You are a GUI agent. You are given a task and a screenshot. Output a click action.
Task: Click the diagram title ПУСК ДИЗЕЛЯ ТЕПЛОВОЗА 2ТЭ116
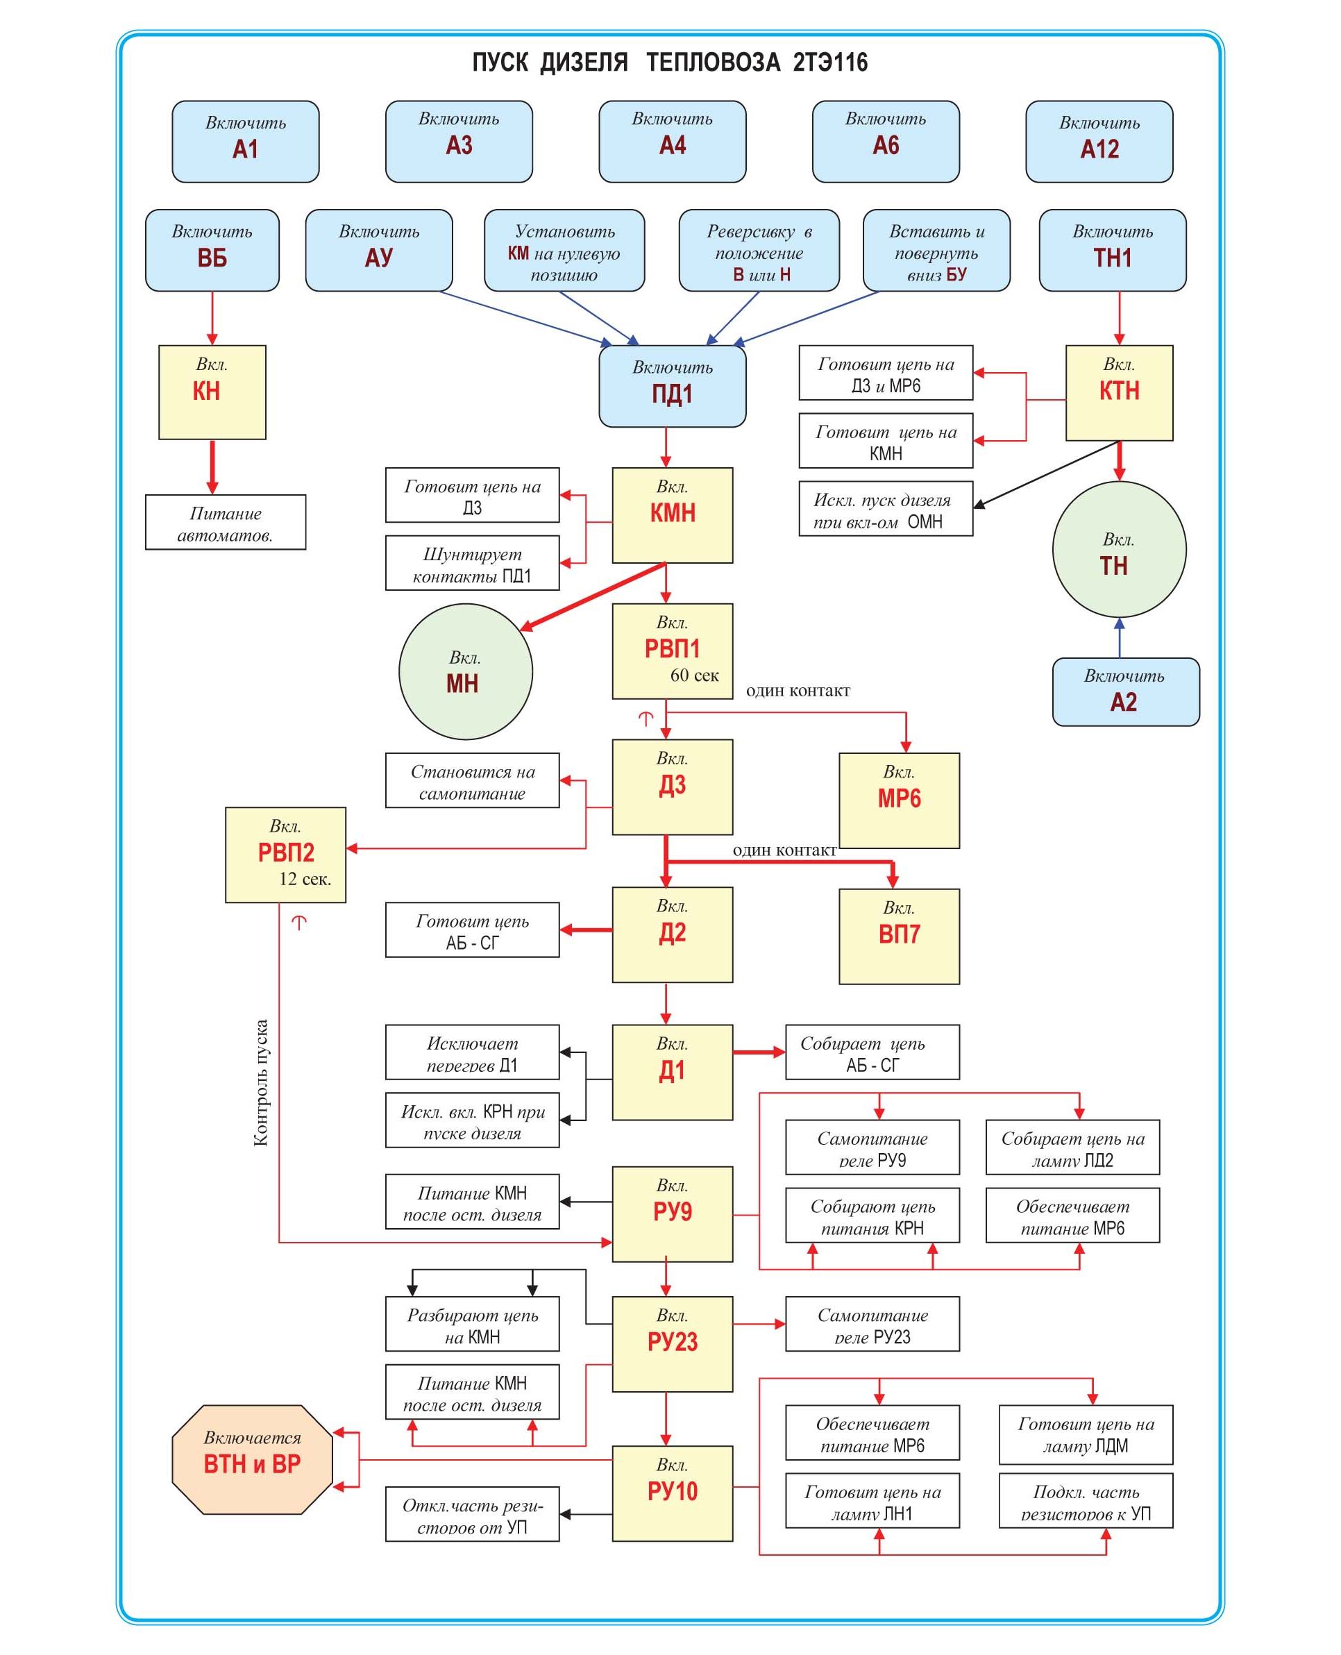click(x=670, y=62)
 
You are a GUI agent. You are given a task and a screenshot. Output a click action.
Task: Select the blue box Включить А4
click(x=672, y=142)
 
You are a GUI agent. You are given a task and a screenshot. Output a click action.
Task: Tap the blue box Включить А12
click(x=1099, y=142)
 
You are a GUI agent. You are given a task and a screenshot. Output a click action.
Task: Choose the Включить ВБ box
click(x=212, y=249)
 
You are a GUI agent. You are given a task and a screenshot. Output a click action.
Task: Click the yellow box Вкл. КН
click(x=212, y=392)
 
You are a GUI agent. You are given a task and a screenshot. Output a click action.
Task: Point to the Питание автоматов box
click(x=225, y=522)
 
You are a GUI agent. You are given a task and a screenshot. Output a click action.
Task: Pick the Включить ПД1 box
click(x=672, y=385)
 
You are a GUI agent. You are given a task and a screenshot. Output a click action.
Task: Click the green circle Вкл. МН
click(x=465, y=671)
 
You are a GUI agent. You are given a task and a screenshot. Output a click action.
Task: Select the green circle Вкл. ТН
click(x=1118, y=549)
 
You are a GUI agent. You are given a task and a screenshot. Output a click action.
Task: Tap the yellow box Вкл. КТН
click(x=1118, y=392)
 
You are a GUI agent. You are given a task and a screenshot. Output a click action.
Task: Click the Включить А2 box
click(x=1126, y=691)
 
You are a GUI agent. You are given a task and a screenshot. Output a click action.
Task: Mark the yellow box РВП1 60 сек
click(x=672, y=651)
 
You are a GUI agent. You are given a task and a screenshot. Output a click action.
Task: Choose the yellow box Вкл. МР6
click(x=898, y=800)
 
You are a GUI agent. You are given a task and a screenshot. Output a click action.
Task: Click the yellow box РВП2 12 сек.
click(x=285, y=855)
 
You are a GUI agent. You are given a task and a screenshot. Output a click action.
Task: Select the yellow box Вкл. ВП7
click(x=898, y=936)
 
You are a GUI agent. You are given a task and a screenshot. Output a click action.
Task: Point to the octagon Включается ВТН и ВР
click(x=252, y=1459)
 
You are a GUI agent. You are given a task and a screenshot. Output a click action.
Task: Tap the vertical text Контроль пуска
click(x=261, y=1082)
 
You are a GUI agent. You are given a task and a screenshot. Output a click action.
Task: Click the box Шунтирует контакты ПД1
click(x=472, y=563)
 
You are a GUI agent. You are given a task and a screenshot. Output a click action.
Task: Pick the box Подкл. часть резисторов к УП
click(x=1086, y=1500)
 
